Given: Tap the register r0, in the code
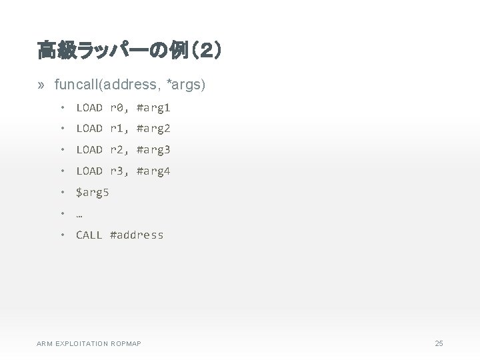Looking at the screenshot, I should point(119,107).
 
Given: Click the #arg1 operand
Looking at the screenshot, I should point(153,107).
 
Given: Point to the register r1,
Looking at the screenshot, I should point(119,128).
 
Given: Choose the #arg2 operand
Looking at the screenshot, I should point(153,128).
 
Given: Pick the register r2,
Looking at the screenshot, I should point(119,149).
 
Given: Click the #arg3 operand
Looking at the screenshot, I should point(153,149).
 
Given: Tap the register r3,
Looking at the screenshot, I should point(119,171).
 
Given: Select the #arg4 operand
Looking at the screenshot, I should point(153,171).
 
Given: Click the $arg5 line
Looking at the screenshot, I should point(93,193).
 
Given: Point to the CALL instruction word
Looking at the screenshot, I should point(89,235).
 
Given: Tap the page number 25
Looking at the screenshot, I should point(438,343).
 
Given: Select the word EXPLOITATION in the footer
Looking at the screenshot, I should point(85,343).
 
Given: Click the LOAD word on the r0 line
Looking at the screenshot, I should point(89,107).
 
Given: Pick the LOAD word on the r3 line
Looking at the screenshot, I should point(89,171).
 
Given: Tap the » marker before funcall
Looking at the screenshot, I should point(41,85).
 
